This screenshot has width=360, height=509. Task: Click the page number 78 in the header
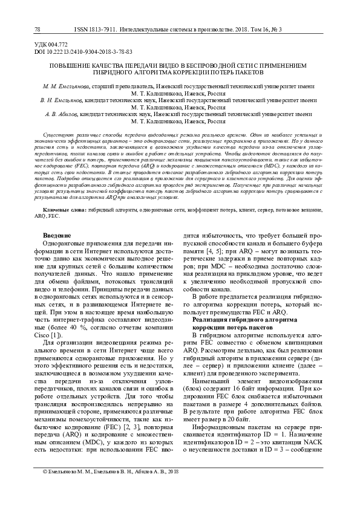click(x=38, y=29)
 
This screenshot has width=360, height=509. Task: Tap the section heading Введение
click(x=57, y=218)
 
